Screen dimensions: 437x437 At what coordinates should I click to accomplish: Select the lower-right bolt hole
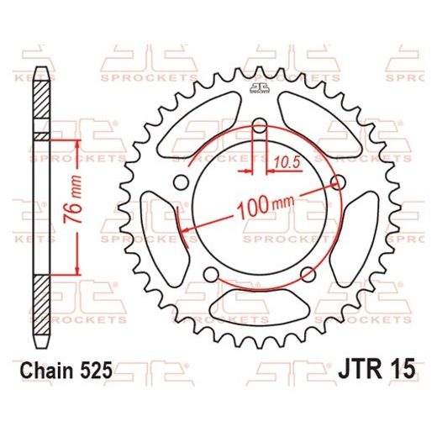coord(309,274)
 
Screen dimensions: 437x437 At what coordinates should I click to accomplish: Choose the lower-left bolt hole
coord(210,274)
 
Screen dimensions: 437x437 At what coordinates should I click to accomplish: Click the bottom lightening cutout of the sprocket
coord(260,308)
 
